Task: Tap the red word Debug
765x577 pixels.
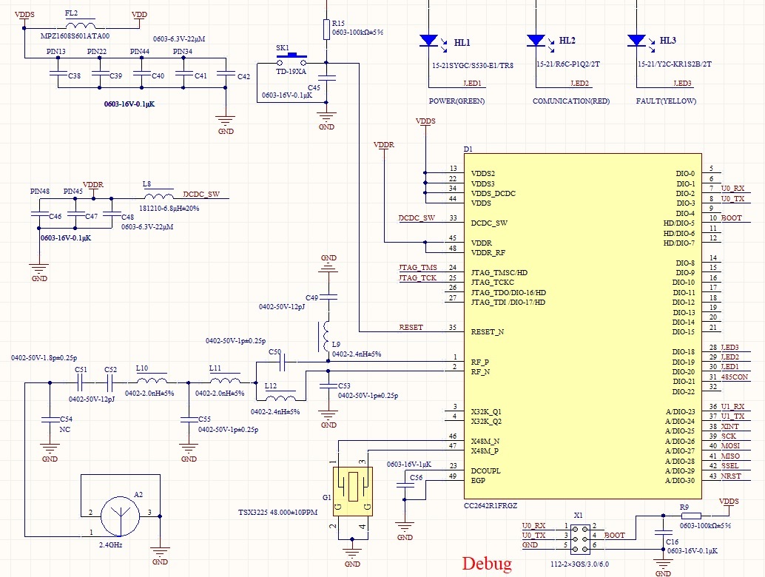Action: [487, 564]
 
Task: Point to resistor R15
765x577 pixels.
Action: [326, 29]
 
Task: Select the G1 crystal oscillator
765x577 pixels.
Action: [352, 490]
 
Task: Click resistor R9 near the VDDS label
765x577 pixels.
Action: [689, 516]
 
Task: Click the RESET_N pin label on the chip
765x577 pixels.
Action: [488, 332]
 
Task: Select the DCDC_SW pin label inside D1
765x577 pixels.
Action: [489, 223]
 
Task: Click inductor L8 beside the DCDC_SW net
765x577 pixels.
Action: [158, 198]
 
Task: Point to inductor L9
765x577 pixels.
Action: [325, 337]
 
